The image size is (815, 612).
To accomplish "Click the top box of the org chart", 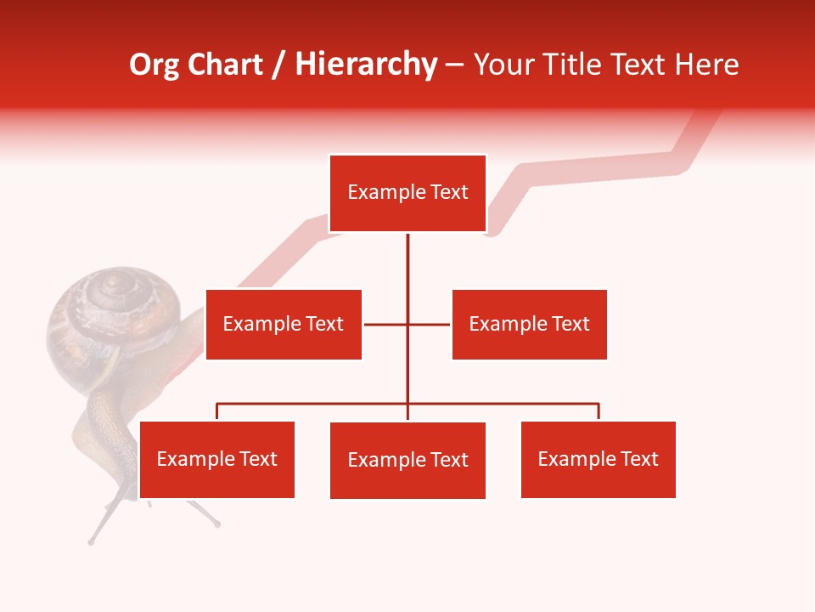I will click(407, 193).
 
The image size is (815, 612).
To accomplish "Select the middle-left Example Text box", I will click(284, 324).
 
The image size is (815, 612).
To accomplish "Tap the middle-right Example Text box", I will click(529, 324).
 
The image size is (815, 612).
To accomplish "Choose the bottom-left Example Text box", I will click(217, 459).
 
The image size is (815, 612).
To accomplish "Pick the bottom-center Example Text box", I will click(407, 460).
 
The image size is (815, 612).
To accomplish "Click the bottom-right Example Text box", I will click(598, 459).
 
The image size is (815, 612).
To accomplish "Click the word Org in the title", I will click(154, 65).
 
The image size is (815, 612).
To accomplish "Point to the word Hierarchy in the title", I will click(365, 65).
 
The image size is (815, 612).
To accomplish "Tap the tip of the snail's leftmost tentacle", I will click(91, 541).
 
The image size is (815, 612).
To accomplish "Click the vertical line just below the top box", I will click(407, 255).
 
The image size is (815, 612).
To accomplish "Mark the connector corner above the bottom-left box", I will click(217, 405).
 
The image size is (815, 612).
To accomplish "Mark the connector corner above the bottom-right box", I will click(598, 405).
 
